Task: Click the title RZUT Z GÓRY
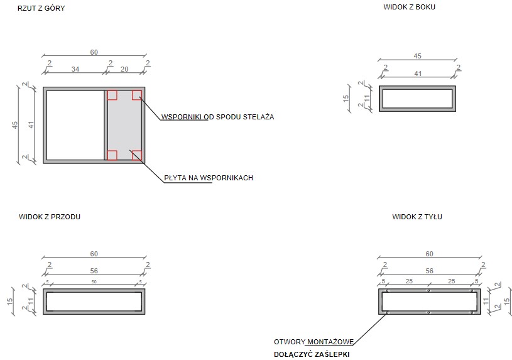click(41, 8)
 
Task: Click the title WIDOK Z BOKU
click(409, 7)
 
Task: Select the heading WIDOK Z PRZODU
click(50, 217)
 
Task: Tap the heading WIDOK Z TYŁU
click(417, 217)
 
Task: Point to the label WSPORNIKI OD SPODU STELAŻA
click(217, 117)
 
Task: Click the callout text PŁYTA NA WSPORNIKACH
click(209, 178)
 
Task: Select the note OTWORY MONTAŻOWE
click(313, 342)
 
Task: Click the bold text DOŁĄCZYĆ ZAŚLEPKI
click(312, 354)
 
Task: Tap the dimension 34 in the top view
click(75, 69)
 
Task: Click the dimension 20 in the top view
click(124, 69)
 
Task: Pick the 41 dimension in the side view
click(418, 74)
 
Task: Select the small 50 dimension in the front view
click(94, 281)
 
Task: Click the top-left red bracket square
click(112, 95)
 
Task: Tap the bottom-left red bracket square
click(112, 155)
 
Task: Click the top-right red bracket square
click(137, 95)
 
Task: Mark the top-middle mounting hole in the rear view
click(428, 290)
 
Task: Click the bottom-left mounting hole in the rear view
click(387, 313)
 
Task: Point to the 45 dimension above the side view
click(417, 56)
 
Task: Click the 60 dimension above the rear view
click(429, 254)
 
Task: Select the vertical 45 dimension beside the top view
click(15, 125)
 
